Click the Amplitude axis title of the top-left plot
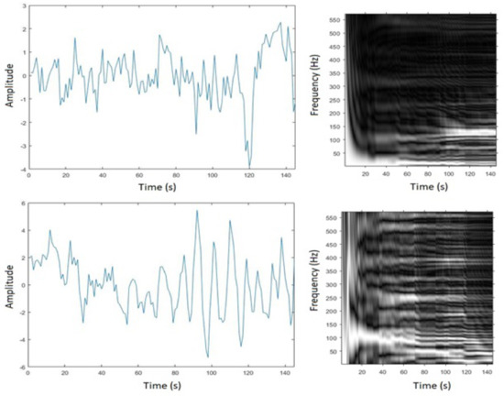9,85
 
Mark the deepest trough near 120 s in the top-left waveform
249,166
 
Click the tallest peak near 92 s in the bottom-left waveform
196,211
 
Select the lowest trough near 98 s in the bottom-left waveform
207,357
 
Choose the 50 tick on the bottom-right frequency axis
335,350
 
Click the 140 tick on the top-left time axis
287,175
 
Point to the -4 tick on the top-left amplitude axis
22,169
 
